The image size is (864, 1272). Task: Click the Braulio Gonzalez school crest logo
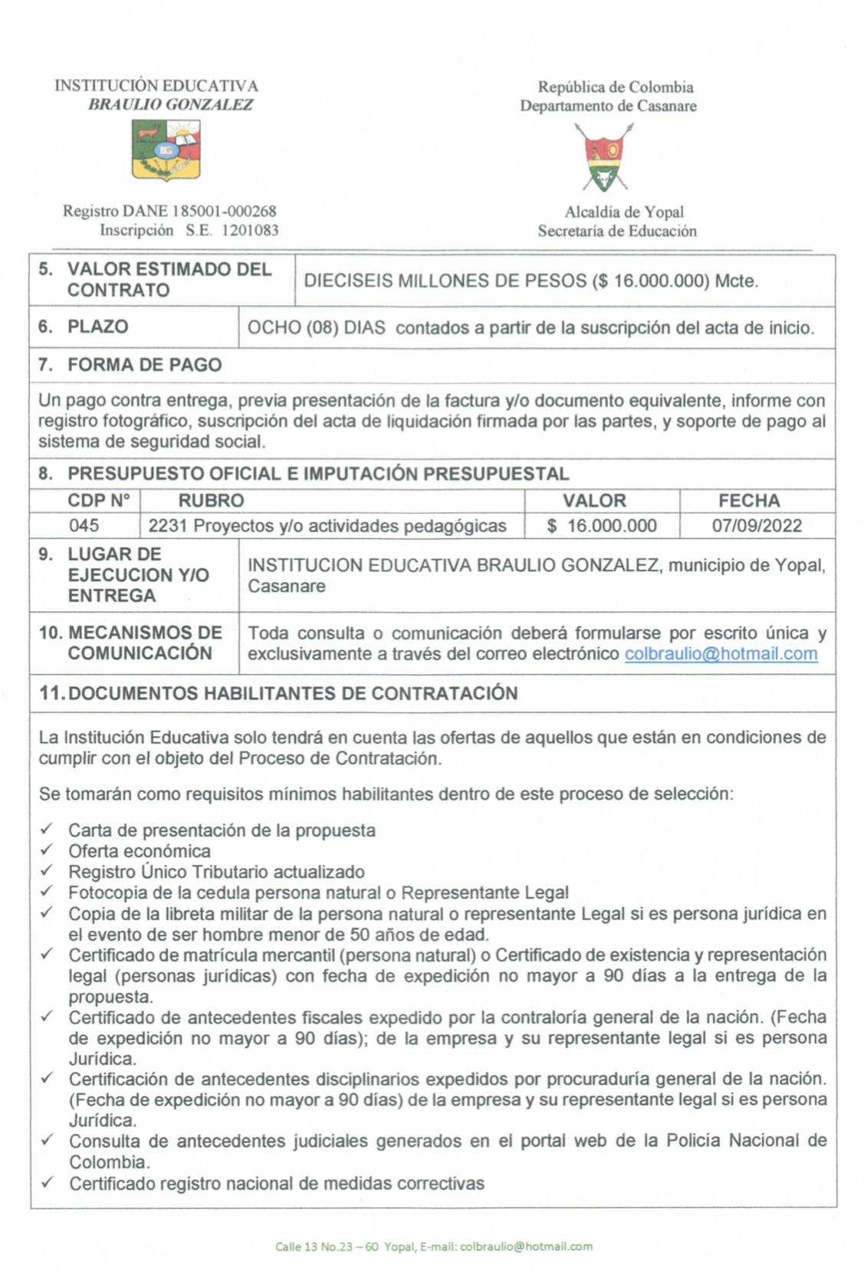point(166,151)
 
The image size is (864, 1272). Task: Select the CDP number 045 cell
point(84,525)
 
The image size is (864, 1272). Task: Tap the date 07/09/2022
point(756,525)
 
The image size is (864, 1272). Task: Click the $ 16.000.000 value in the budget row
point(602,525)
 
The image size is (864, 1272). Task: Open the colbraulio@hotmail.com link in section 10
point(721,654)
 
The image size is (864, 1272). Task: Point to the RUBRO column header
point(211,501)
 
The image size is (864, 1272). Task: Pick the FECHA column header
point(749,501)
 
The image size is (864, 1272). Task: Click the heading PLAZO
point(97,327)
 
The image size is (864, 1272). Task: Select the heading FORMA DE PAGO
point(144,365)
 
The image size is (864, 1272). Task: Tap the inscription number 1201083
point(250,230)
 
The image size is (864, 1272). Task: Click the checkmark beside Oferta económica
point(47,850)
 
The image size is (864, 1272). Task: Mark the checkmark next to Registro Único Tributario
point(47,870)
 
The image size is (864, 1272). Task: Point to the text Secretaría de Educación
point(617,231)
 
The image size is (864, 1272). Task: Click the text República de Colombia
point(615,87)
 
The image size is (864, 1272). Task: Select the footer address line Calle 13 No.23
point(433,1247)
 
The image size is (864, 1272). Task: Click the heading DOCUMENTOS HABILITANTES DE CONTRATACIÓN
point(292,693)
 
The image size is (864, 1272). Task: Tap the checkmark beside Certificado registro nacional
point(47,1182)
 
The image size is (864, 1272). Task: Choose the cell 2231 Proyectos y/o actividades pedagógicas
point(327,526)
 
